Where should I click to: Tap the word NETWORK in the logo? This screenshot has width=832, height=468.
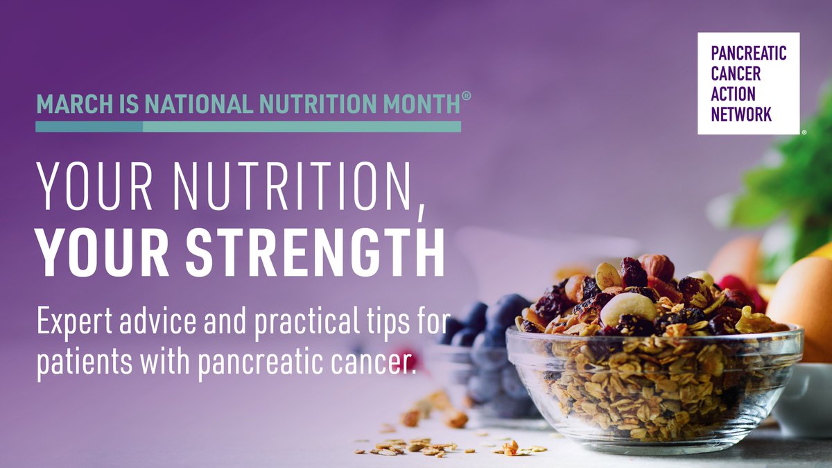741,115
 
